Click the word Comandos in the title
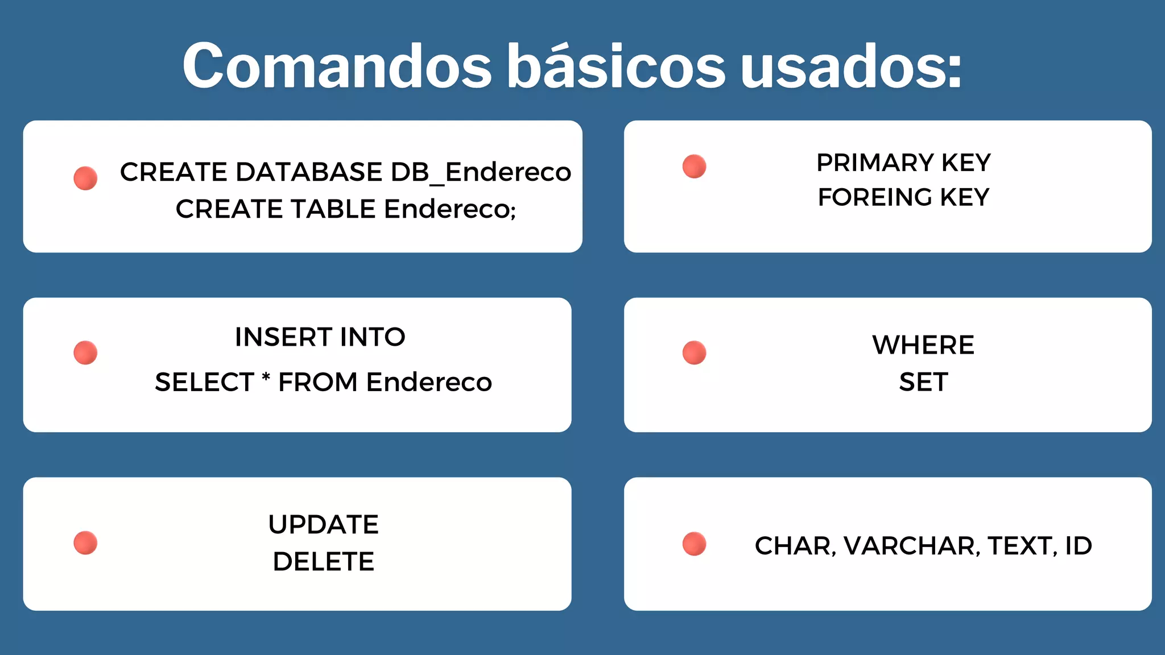point(337,67)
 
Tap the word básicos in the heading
point(616,67)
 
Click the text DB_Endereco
point(481,172)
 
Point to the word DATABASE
point(309,172)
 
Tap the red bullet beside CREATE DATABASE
point(85,178)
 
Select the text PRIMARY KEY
point(903,163)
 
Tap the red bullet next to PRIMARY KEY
point(694,167)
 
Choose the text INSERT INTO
point(320,337)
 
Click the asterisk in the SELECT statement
point(266,378)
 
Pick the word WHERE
point(923,345)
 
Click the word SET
point(923,382)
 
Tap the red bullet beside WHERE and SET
point(694,353)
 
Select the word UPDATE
point(323,525)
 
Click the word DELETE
point(323,562)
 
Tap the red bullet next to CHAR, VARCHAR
point(694,544)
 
